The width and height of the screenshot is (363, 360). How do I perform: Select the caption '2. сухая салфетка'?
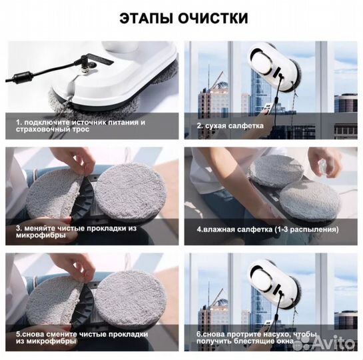click(230, 125)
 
